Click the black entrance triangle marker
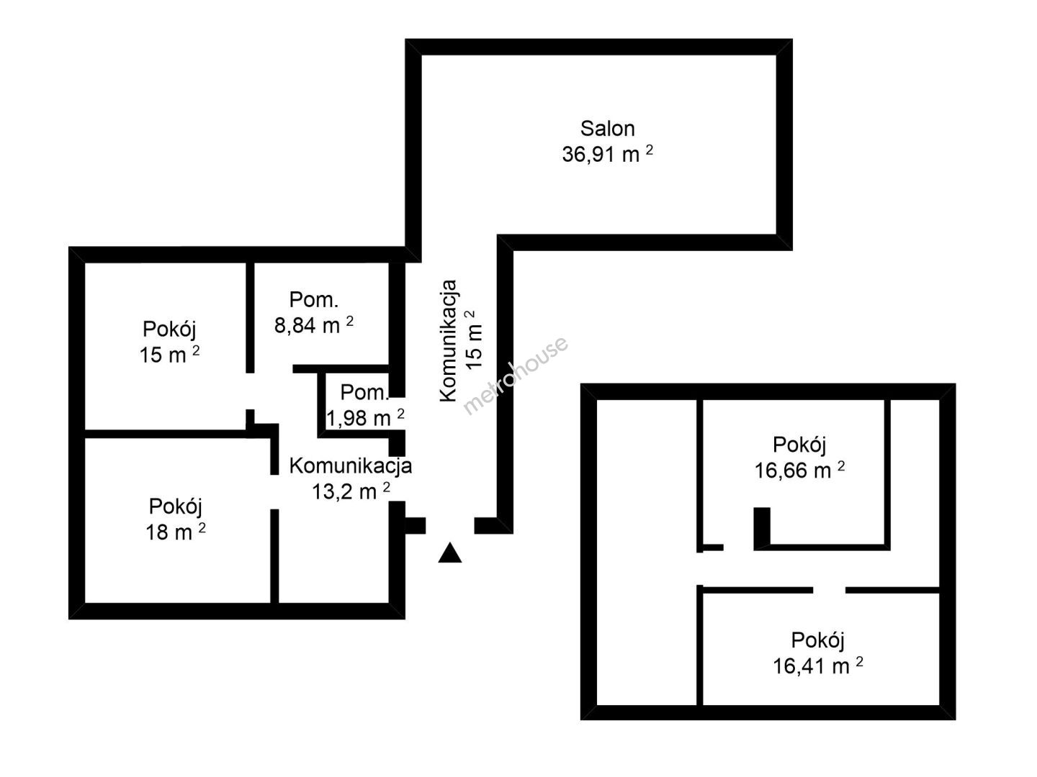pos(449,553)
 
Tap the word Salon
pos(607,129)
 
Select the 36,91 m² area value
pos(607,154)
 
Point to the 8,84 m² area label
pos(314,325)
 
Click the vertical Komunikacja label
pos(449,340)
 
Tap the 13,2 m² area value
pos(351,491)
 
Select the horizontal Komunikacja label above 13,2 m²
pos(351,466)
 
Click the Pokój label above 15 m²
pos(169,330)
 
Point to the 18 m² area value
pos(175,532)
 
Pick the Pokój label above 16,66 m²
pos(799,445)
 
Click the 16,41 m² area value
pos(818,665)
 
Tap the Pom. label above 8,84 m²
pos(314,300)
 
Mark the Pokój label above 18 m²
pos(175,506)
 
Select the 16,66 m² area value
pos(799,471)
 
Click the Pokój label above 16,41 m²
pos(818,640)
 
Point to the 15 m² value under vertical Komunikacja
pos(474,340)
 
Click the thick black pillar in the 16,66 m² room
pos(762,528)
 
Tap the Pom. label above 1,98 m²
pos(364,393)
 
